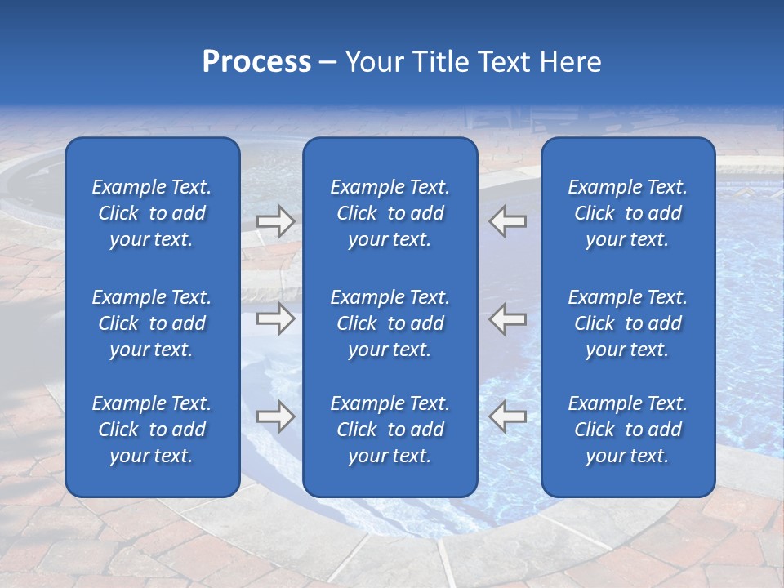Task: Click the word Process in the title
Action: (256, 62)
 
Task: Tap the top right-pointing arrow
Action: (275, 221)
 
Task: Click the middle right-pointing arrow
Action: (275, 318)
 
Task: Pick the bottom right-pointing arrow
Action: (275, 416)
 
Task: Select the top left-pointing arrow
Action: (507, 221)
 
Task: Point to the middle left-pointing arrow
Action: (507, 318)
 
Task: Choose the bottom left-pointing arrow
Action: (507, 416)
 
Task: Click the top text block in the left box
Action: (152, 213)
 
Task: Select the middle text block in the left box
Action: (152, 323)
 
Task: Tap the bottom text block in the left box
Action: (152, 430)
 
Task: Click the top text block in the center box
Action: (390, 213)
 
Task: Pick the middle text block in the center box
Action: (390, 323)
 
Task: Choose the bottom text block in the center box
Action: (390, 430)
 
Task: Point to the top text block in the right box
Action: (627, 213)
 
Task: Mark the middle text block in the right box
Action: (627, 323)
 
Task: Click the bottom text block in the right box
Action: (627, 430)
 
